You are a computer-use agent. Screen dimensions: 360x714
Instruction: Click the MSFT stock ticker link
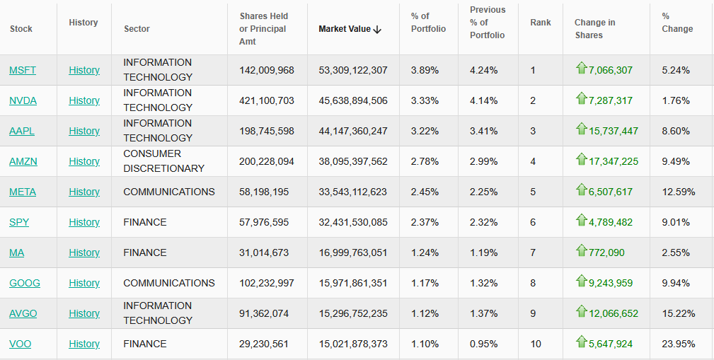click(x=23, y=70)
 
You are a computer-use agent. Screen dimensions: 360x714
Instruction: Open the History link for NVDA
click(x=84, y=100)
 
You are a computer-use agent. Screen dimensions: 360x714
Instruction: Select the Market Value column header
click(x=345, y=29)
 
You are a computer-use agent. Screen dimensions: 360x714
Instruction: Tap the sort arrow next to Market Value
click(x=377, y=29)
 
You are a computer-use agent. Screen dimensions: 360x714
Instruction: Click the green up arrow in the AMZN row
click(x=582, y=160)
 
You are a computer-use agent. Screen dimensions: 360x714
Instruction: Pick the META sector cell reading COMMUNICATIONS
click(x=169, y=192)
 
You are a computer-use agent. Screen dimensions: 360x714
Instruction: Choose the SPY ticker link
click(x=19, y=222)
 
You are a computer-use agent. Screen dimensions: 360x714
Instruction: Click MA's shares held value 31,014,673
click(x=266, y=252)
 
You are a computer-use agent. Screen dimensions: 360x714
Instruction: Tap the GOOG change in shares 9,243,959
click(x=611, y=283)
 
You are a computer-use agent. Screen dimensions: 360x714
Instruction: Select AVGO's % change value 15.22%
click(x=679, y=313)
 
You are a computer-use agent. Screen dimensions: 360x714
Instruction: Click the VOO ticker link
click(x=21, y=344)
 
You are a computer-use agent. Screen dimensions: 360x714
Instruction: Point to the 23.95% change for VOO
click(x=679, y=344)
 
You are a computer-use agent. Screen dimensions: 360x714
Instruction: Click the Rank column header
click(x=541, y=23)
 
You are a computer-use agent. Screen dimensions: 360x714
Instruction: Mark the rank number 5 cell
click(x=533, y=192)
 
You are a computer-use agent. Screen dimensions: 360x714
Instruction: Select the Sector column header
click(x=137, y=29)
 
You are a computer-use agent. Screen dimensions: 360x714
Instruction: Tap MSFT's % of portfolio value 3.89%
click(x=425, y=70)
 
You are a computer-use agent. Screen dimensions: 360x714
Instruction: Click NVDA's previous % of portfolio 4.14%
click(x=484, y=100)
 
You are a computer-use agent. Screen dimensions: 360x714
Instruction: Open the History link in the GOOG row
click(x=84, y=283)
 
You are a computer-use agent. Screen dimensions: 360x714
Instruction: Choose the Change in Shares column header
click(x=594, y=28)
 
